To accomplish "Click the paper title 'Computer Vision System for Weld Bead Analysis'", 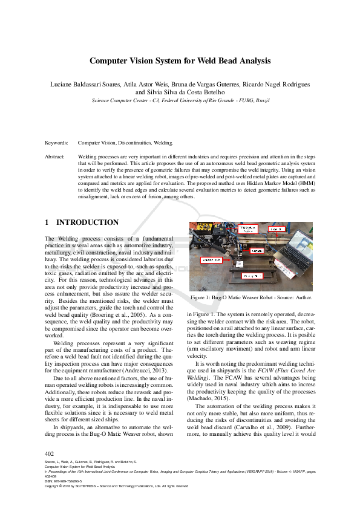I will [180, 61].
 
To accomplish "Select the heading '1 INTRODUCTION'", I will [82, 222].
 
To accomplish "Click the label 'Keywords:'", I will [56, 143].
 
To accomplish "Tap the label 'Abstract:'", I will [55, 157].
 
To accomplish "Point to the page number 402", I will [50, 453].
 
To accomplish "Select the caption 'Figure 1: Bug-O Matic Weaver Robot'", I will [251, 298].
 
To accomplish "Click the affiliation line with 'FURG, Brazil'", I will [180, 100].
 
